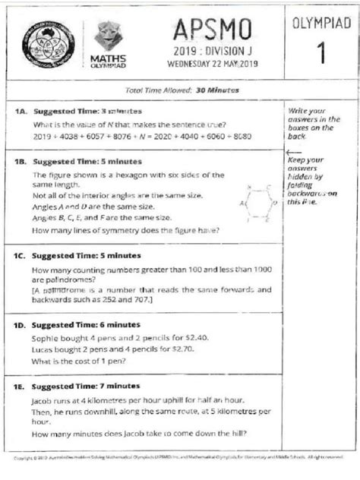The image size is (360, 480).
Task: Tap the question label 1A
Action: click(22, 110)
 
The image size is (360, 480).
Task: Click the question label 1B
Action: click(22, 161)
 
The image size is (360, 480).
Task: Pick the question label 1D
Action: click(22, 324)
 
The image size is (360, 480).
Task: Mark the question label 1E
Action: click(22, 386)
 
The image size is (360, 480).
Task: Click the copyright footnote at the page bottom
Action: click(179, 458)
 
